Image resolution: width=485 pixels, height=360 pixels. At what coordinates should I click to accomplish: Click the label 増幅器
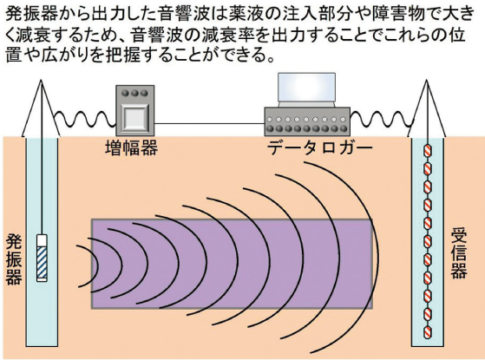[132, 147]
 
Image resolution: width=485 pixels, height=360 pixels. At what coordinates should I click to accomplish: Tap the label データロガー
[319, 148]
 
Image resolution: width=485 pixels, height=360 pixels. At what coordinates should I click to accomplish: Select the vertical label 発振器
[14, 259]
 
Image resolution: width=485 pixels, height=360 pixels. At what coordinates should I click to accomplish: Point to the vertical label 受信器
[459, 254]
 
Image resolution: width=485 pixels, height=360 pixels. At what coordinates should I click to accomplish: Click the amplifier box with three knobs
[134, 111]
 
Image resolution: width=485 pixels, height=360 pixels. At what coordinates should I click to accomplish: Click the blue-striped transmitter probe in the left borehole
[42, 258]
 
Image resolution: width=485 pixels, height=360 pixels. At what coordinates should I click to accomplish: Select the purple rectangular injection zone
[232, 264]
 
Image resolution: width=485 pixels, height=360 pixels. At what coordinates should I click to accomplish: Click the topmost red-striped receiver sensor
[427, 151]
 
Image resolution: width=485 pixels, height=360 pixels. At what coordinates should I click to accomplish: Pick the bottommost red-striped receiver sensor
[427, 332]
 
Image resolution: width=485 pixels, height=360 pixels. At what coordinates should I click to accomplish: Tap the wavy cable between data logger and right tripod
[381, 120]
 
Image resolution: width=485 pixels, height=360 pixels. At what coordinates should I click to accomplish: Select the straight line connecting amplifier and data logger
[209, 124]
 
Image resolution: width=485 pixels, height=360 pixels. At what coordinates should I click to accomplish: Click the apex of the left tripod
[41, 80]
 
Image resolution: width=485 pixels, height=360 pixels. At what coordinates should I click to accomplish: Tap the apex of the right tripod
[427, 80]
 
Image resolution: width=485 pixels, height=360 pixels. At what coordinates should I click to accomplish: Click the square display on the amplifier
[134, 118]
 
